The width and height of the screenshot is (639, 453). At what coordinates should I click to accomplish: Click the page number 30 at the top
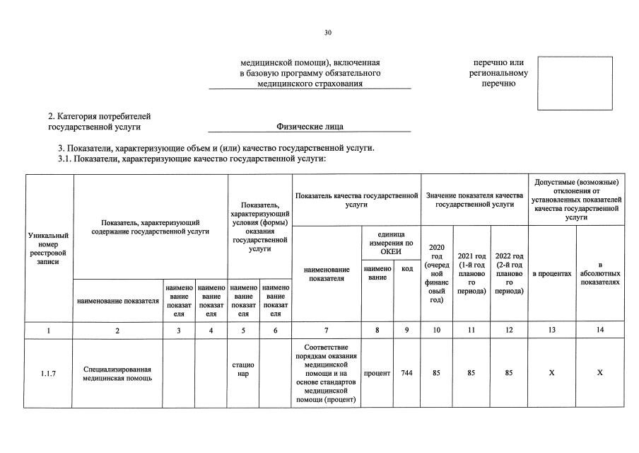point(328,33)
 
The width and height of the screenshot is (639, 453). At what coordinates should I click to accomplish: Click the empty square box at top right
point(575,84)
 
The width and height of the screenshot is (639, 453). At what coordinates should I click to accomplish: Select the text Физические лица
point(310,127)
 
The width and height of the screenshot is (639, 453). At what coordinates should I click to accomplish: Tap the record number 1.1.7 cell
point(49,374)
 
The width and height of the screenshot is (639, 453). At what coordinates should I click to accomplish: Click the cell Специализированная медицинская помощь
point(117,374)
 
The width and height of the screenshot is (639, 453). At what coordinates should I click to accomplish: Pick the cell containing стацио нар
point(243,369)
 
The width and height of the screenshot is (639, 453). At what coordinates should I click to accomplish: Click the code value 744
point(406,373)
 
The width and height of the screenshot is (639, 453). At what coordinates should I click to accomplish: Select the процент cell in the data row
point(377,373)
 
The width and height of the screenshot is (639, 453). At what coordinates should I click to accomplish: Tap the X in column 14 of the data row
point(599,373)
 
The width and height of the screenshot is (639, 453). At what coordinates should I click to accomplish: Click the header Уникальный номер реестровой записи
point(49,248)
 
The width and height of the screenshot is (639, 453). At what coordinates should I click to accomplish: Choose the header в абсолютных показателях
point(599,273)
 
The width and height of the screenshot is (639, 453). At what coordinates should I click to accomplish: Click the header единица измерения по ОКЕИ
point(390,243)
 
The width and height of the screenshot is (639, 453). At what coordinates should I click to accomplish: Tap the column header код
point(406,269)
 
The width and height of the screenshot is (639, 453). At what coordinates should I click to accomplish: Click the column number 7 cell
point(326,330)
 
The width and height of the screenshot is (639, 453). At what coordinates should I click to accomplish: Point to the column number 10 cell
point(436,330)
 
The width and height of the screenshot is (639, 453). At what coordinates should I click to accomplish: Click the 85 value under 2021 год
point(470,373)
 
